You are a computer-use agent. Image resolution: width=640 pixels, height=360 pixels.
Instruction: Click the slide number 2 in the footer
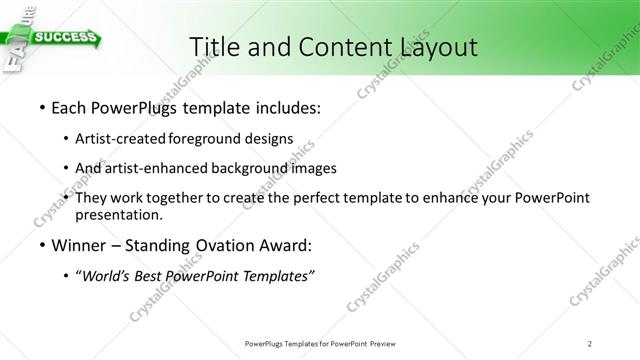(x=590, y=343)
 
